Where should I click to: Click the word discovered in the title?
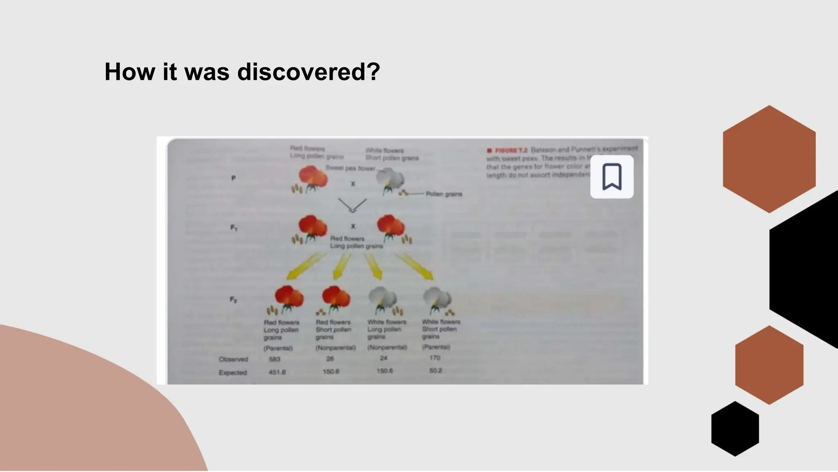(x=309, y=72)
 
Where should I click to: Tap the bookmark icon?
(x=612, y=177)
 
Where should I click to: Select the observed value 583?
(x=274, y=359)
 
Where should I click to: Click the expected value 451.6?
(x=277, y=372)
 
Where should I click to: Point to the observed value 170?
(x=435, y=358)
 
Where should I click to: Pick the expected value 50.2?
(x=435, y=370)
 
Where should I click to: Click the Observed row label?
(x=233, y=359)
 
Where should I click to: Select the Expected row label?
(x=232, y=372)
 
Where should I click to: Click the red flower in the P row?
(x=313, y=177)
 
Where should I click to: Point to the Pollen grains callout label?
(x=444, y=194)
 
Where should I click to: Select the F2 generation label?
(x=233, y=300)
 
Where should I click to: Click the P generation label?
(x=233, y=178)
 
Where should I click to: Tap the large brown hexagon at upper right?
(x=769, y=159)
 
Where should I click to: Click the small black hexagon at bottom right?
(x=735, y=429)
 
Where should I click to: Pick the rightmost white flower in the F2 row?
(x=437, y=298)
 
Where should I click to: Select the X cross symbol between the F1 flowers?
(x=353, y=226)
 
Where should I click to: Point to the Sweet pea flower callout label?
(x=350, y=168)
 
